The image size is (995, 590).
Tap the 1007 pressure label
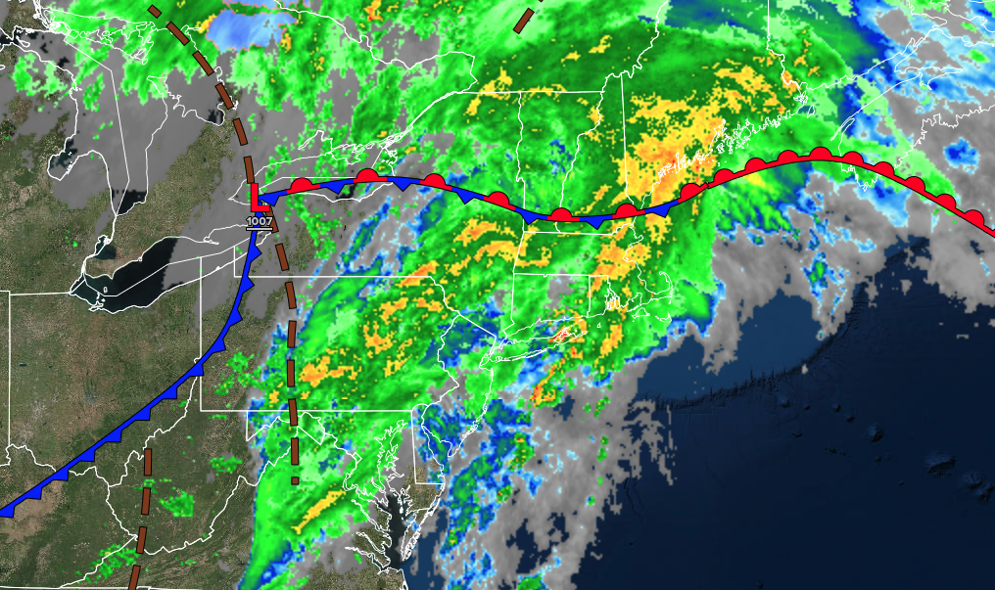click(260, 221)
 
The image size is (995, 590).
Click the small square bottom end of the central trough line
click(296, 480)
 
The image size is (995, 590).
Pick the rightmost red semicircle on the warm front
click(974, 217)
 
